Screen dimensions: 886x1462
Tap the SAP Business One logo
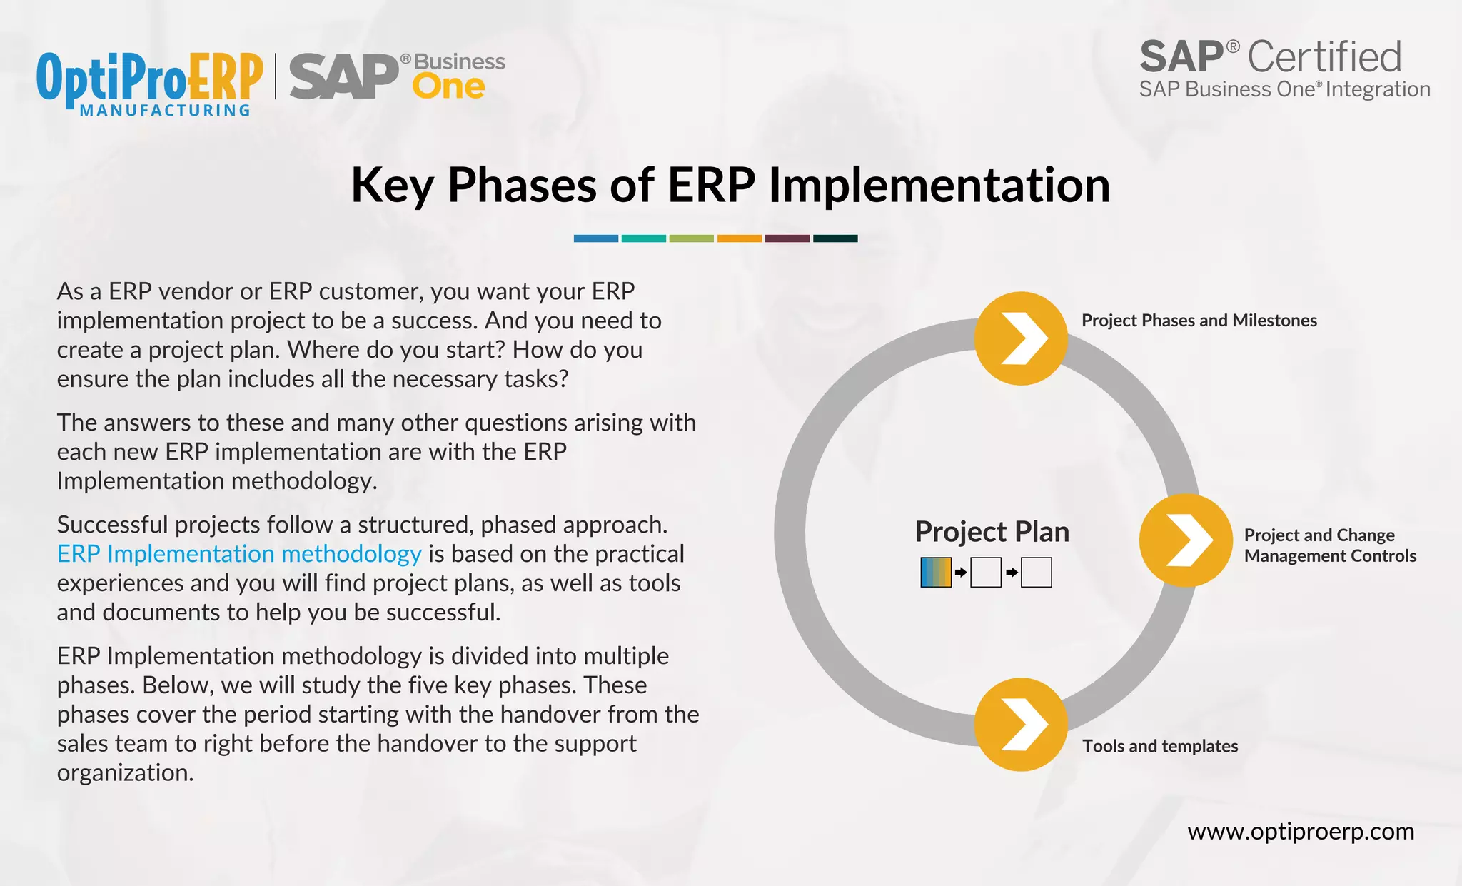[397, 76]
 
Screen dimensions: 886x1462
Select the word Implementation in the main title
[939, 186]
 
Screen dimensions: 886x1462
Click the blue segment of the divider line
[595, 238]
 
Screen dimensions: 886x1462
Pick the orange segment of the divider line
[739, 238]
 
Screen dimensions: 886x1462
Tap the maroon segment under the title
[787, 238]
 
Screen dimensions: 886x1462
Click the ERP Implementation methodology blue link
[239, 554]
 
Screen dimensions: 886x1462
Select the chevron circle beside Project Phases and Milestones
[1021, 338]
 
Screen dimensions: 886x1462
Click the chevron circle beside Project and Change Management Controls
[1185, 540]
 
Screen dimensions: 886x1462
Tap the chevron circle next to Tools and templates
[1021, 725]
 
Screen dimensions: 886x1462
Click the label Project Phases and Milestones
[1199, 321]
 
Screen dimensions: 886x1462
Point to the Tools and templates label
[1159, 746]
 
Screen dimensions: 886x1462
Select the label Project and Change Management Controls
[1329, 545]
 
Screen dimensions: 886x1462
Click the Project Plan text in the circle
[992, 532]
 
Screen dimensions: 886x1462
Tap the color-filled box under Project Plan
[936, 573]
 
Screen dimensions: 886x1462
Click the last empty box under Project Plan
[1036, 573]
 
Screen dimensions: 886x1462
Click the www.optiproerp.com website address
[1300, 832]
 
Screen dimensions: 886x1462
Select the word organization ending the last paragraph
[125, 773]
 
